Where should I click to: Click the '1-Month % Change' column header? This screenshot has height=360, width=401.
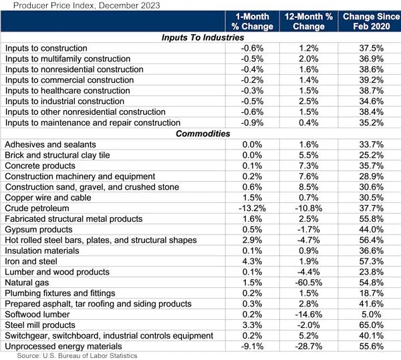[253, 21]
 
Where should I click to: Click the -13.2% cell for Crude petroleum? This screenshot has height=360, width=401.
[253, 208]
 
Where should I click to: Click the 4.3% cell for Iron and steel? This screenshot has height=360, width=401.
[253, 261]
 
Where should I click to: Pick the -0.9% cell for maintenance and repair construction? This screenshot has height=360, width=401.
[253, 123]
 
